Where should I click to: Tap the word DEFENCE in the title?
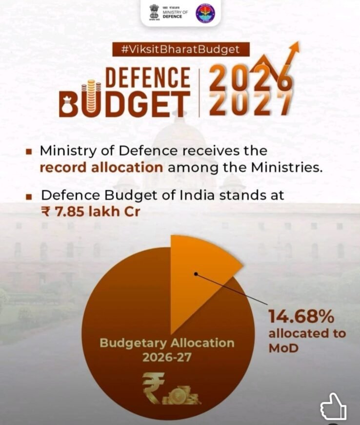(x=148, y=78)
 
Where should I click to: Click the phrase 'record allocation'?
(x=101, y=168)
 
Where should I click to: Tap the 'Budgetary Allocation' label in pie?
(x=167, y=343)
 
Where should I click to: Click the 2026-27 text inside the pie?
(x=167, y=357)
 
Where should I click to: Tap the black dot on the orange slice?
(x=196, y=274)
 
